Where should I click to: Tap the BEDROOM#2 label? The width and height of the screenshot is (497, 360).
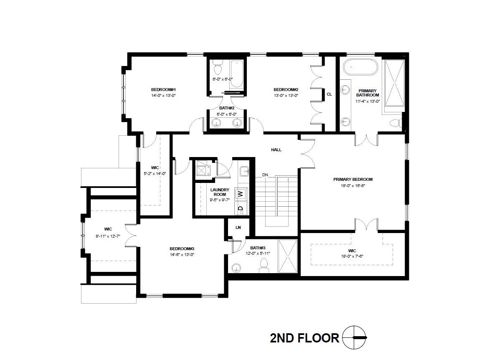(x=286, y=90)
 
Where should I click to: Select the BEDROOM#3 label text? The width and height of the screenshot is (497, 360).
(x=182, y=248)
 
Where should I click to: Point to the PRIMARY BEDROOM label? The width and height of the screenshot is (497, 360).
(x=353, y=180)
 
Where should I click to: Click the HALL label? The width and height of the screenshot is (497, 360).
(x=276, y=150)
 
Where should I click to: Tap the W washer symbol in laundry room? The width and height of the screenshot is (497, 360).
(x=240, y=194)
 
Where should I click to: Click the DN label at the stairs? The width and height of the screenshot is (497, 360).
(x=265, y=175)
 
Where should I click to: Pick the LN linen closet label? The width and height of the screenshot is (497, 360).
(x=238, y=228)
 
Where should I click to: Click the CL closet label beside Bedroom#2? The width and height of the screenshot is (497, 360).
(x=329, y=94)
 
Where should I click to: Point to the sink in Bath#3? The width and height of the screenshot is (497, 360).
(x=237, y=267)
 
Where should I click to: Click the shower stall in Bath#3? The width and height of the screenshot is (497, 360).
(x=287, y=256)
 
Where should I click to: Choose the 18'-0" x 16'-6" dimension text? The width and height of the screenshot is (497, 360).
(x=353, y=185)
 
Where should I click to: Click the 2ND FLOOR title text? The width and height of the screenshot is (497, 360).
(x=304, y=338)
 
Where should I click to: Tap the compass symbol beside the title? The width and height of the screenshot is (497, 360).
(x=354, y=337)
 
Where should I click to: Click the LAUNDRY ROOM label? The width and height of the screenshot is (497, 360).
(x=220, y=192)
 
